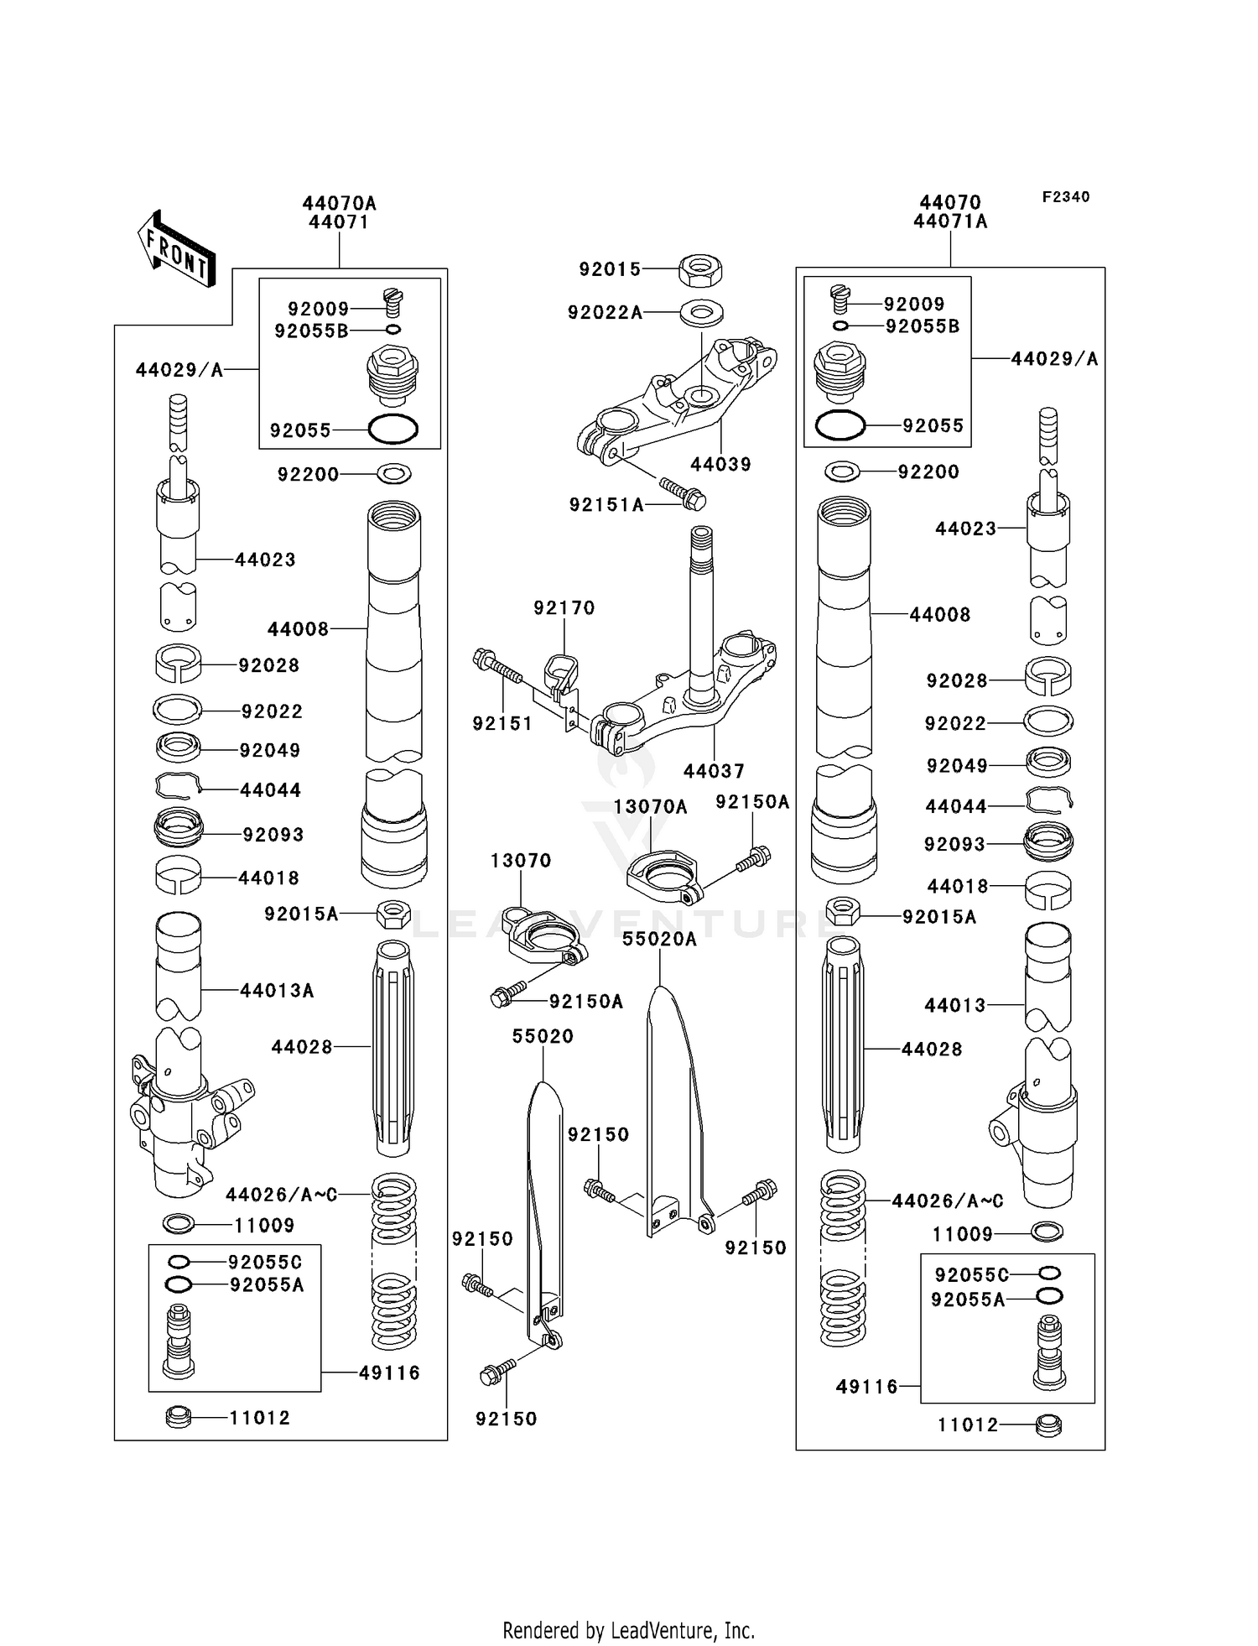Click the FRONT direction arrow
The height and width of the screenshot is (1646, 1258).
click(x=177, y=249)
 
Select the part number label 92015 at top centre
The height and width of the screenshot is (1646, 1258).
click(x=610, y=269)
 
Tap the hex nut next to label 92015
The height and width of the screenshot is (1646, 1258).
click(x=700, y=269)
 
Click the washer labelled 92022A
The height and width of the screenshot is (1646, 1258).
click(x=701, y=314)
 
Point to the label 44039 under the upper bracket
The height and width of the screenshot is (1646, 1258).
click(x=720, y=465)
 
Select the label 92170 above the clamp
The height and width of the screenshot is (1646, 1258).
click(x=564, y=607)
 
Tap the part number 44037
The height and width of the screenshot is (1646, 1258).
click(x=714, y=770)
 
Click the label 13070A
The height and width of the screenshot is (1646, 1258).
click(x=650, y=807)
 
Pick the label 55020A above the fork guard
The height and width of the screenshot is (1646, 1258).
click(x=659, y=940)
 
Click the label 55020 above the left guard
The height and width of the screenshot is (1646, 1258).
click(x=543, y=1037)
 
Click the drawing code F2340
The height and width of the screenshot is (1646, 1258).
click(x=1065, y=197)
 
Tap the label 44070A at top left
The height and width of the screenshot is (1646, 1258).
click(x=339, y=203)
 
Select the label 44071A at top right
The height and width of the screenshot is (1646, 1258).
click(x=950, y=221)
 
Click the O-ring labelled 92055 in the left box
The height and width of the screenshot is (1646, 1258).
click(x=392, y=430)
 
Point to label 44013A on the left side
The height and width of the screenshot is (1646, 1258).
click(x=277, y=991)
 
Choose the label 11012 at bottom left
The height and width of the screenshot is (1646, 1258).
click(x=259, y=1418)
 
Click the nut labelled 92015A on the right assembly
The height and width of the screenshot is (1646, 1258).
click(x=843, y=910)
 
